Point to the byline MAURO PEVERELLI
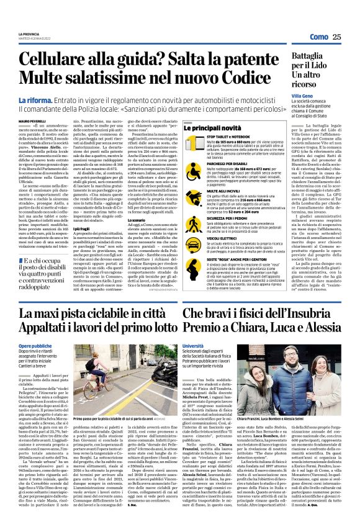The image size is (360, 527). [32, 115]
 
